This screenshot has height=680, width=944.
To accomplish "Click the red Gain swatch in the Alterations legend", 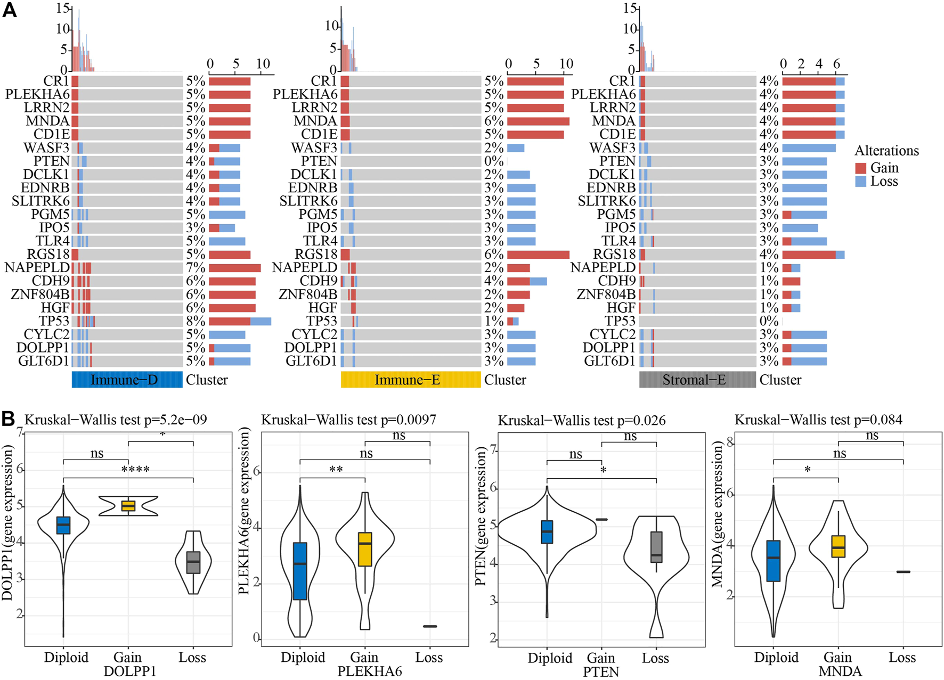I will click(x=860, y=168).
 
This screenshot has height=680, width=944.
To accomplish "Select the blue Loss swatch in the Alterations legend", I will click(x=860, y=182).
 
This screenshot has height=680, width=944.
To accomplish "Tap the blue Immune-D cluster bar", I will click(x=127, y=380).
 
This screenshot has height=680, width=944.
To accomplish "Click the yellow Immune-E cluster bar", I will click(x=410, y=380).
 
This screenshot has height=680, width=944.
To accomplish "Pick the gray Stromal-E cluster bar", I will click(x=697, y=380).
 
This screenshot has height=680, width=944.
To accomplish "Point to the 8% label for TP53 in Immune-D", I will click(x=196, y=321).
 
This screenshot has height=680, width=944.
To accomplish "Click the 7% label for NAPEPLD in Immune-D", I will click(x=196, y=268).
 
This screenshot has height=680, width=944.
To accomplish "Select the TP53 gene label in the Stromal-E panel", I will click(x=620, y=321).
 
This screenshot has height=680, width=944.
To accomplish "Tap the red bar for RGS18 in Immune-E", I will click(x=538, y=255).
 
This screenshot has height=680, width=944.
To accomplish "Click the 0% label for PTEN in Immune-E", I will click(x=494, y=161).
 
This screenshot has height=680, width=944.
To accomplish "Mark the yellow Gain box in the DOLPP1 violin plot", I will click(x=128, y=506).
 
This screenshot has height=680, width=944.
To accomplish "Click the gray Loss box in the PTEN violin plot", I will click(x=656, y=546).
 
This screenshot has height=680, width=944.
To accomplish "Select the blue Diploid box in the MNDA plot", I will click(x=774, y=561).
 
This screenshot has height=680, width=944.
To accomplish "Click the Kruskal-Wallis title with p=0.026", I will click(x=582, y=421).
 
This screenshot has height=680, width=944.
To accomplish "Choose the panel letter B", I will click(x=9, y=419).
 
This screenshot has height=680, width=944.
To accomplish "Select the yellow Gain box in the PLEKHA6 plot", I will click(x=365, y=548).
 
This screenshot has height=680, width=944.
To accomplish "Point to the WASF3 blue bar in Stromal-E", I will click(x=809, y=148).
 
